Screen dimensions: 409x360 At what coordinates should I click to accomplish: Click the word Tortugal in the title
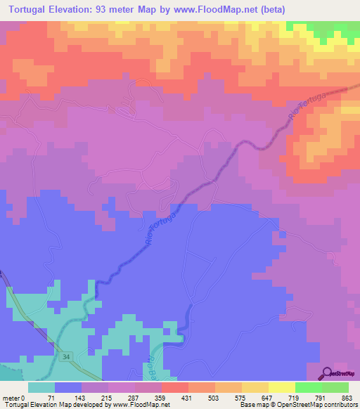(33, 9)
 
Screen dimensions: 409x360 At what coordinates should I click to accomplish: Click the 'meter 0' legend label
(15, 398)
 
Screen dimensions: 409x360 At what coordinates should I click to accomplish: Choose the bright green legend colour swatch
(309, 387)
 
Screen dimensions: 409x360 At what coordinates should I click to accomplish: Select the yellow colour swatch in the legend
(282, 387)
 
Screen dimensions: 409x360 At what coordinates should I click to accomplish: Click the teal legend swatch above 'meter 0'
(41, 387)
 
